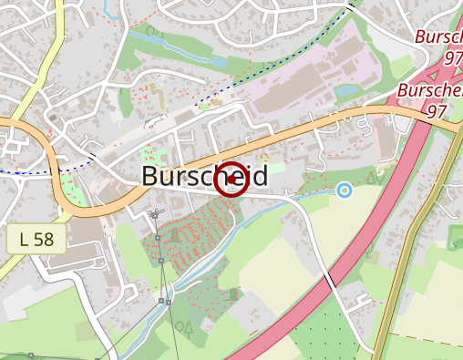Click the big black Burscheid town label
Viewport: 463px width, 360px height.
pyautogui.click(x=204, y=176)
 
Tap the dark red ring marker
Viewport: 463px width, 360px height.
pyautogui.click(x=231, y=179)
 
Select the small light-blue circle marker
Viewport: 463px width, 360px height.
pyautogui.click(x=344, y=190)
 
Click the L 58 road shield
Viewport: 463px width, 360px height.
pyautogui.click(x=36, y=240)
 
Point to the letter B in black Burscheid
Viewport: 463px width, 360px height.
pyautogui.click(x=152, y=176)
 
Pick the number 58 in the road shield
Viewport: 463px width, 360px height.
pyautogui.click(x=43, y=240)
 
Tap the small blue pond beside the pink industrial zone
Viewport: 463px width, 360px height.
pyautogui.click(x=345, y=90)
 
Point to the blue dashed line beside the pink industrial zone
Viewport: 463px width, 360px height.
pyautogui.click(x=273, y=63)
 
